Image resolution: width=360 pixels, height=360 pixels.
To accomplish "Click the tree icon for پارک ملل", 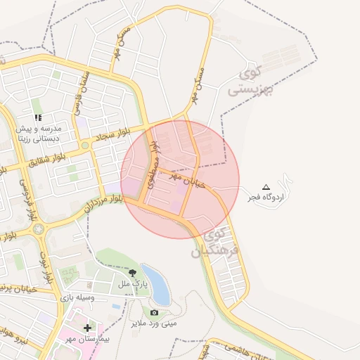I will pos(132,273).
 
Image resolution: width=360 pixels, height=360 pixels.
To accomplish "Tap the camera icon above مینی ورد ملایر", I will pos(154,312).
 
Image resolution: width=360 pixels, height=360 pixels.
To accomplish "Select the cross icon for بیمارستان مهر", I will pos(87,328).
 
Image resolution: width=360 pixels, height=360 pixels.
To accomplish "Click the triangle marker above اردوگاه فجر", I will pos(266,186).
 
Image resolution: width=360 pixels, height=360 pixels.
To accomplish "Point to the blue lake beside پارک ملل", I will pos(156,283).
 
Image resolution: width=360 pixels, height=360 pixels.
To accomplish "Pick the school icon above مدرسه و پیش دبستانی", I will pos(38,117).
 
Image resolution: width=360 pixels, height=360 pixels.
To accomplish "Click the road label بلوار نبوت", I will pos(46,267).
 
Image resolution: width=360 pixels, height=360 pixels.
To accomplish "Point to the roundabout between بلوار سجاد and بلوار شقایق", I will pos(84,146).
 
